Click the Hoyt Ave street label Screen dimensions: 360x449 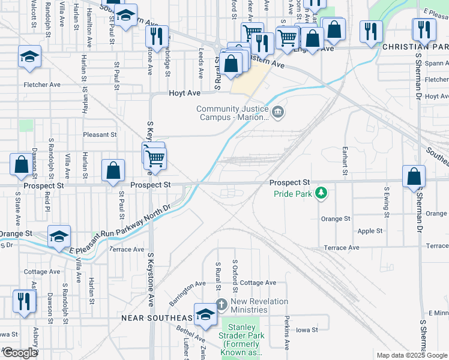[184, 93]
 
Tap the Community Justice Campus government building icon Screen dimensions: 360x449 [278, 112]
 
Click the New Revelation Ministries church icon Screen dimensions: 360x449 [221, 303]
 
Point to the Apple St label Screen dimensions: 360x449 [370, 231]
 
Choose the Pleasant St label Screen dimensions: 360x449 [100, 135]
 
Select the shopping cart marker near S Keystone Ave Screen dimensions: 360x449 [155, 159]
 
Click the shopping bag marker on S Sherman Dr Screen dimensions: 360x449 [414, 177]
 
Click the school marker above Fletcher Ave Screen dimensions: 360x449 [29, 57]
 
